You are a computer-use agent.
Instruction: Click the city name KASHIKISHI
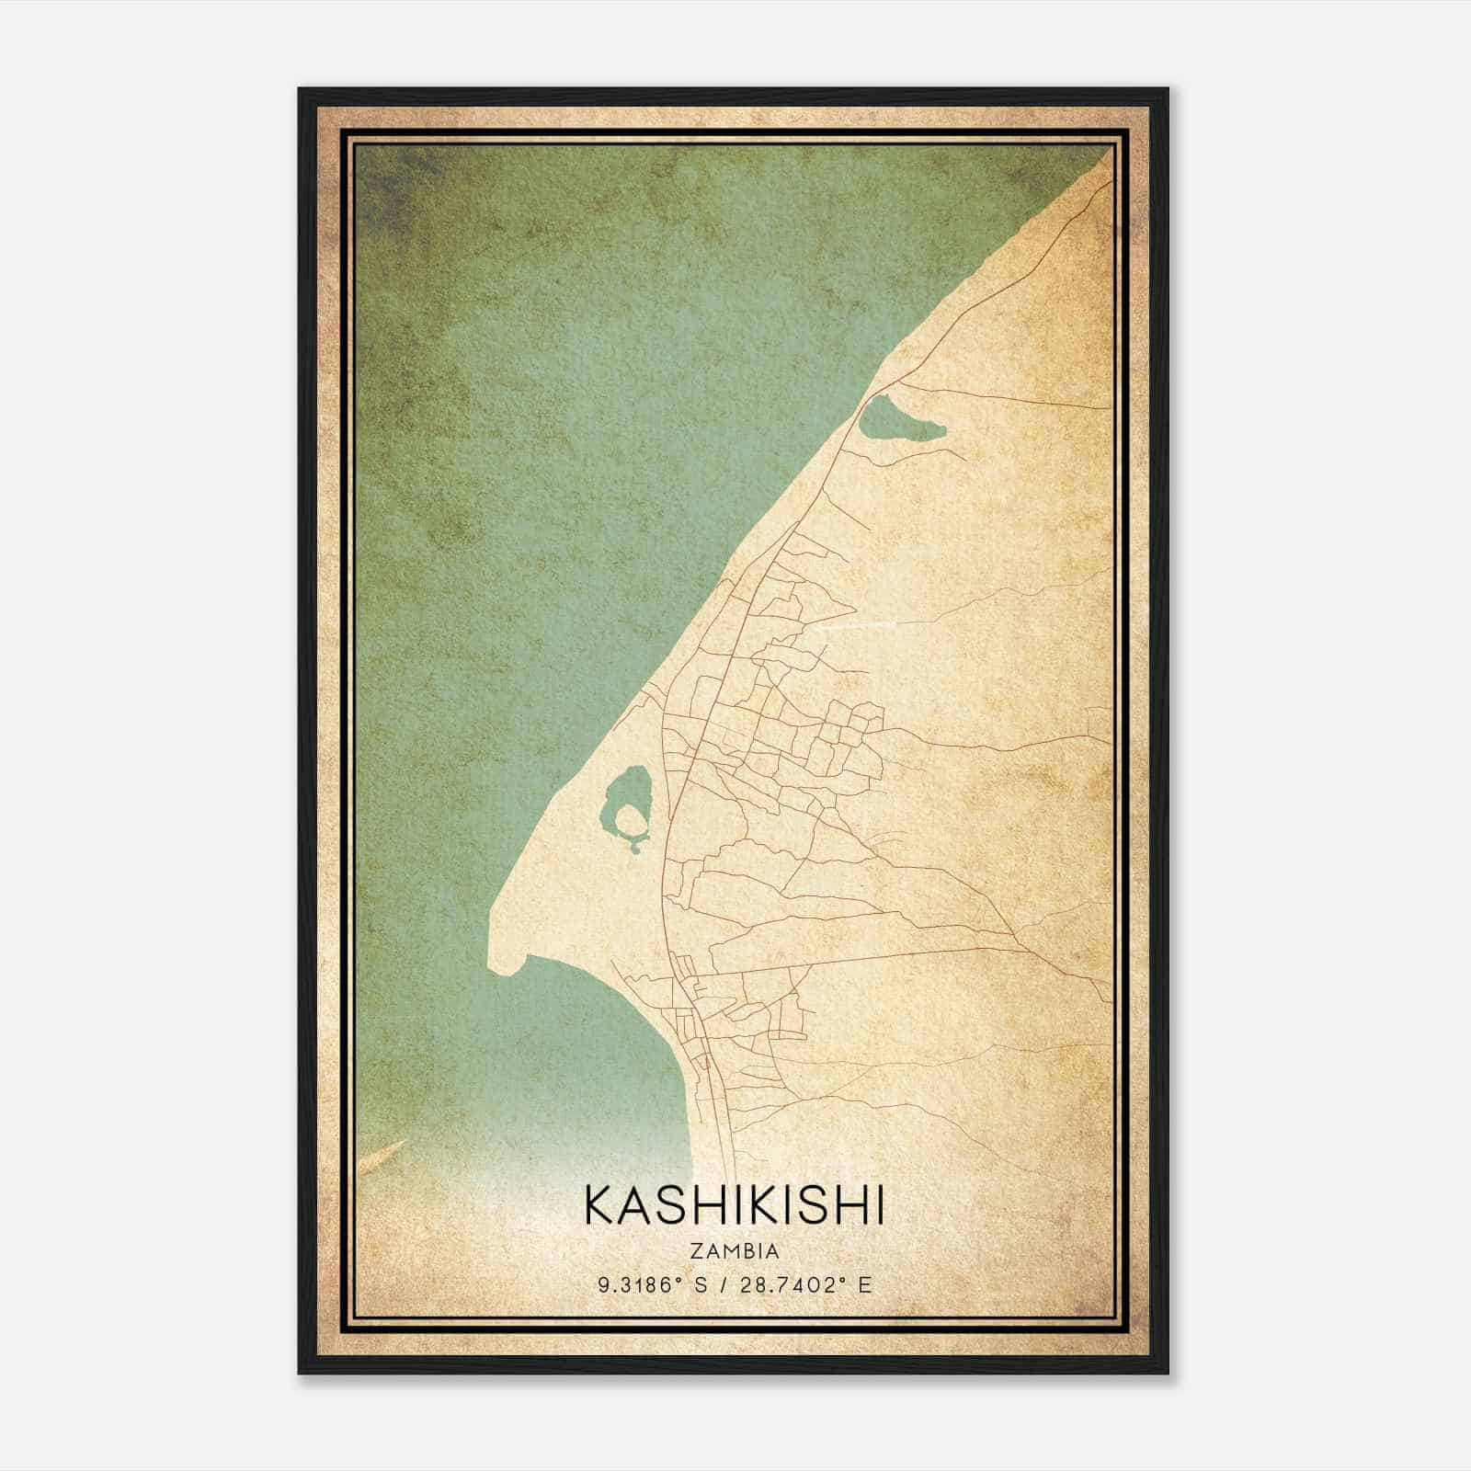pyautogui.click(x=734, y=1205)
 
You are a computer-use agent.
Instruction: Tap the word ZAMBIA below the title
pyautogui.click(x=734, y=1251)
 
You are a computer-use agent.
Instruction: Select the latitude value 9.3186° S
pyautogui.click(x=650, y=1285)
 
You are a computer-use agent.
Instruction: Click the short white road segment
pyautogui.click(x=860, y=626)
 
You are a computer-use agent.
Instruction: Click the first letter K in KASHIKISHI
pyautogui.click(x=594, y=1205)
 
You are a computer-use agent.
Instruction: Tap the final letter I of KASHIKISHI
pyautogui.click(x=879, y=1205)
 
